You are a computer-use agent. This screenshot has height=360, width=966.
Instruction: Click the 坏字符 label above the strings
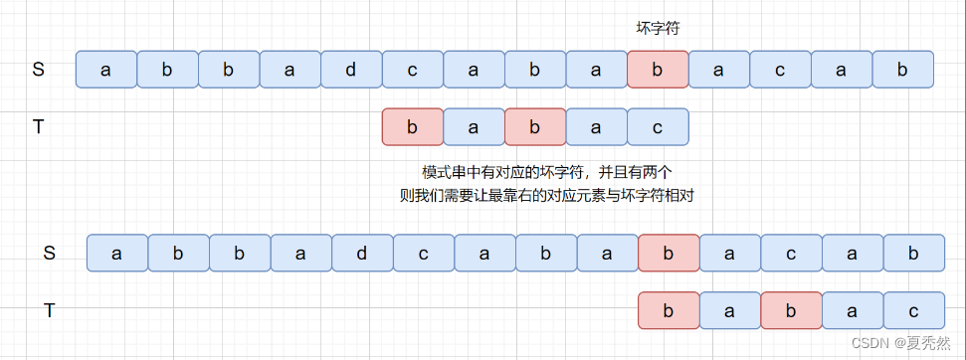(658, 29)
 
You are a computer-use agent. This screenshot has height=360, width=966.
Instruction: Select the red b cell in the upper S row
(658, 69)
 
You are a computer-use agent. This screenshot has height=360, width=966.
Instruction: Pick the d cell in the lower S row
(361, 254)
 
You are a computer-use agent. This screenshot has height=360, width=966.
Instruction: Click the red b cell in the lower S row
(669, 254)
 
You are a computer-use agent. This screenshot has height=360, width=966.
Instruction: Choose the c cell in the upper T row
(658, 126)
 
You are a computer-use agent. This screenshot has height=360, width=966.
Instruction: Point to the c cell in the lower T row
(914, 310)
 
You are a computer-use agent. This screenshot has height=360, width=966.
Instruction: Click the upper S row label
(39, 69)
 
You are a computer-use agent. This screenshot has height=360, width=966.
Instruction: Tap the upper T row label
(39, 126)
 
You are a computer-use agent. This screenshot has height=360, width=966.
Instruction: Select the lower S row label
(49, 254)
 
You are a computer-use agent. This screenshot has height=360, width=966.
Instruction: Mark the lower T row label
(49, 310)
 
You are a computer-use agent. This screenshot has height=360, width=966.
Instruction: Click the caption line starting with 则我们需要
(546, 196)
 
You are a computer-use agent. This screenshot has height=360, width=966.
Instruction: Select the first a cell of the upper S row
(106, 69)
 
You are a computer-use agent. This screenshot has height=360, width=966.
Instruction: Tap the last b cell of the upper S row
(903, 69)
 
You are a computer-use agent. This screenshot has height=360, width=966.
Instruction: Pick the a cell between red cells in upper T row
(473, 126)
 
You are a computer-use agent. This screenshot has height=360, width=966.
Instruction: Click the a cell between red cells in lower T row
(730, 310)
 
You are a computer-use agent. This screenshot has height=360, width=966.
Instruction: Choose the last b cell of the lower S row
(914, 254)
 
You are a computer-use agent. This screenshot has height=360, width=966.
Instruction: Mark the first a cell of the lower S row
(117, 254)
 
